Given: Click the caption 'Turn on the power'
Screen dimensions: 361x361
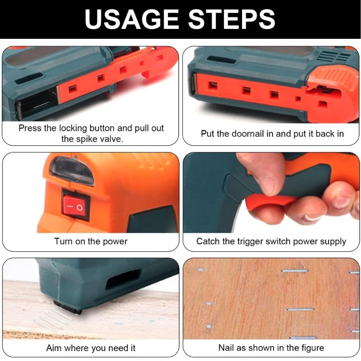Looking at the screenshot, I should [x=91, y=241].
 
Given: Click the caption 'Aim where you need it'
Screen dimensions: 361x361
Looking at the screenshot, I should [x=91, y=348].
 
